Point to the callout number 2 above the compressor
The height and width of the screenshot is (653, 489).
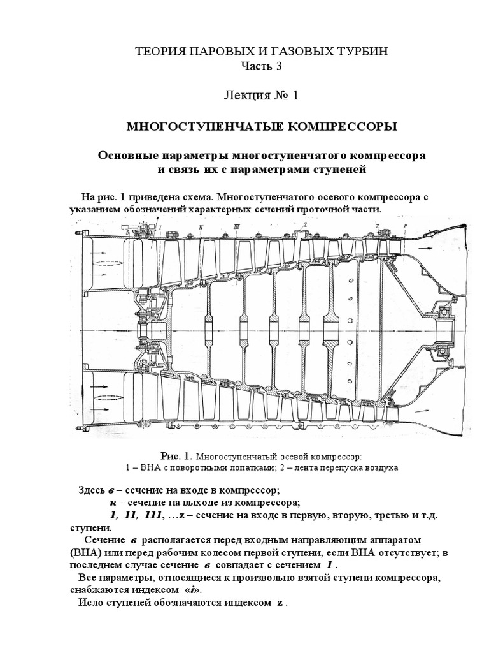[306, 225]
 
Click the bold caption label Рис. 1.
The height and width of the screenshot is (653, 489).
[176, 457]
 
